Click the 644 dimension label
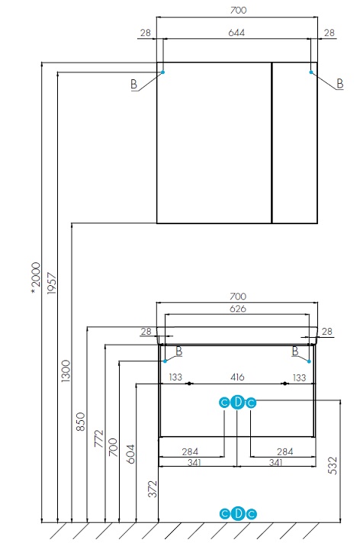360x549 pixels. click(x=236, y=33)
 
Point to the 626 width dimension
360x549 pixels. click(x=238, y=309)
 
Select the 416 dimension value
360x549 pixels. click(x=237, y=377)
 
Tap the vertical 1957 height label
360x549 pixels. click(x=52, y=283)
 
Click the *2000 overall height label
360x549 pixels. click(x=36, y=278)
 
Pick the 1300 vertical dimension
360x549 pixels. click(x=66, y=371)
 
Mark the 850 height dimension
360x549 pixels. click(x=81, y=422)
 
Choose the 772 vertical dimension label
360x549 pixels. click(x=99, y=438)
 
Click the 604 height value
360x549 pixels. click(x=130, y=454)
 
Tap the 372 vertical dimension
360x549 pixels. click(x=153, y=489)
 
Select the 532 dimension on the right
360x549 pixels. click(x=333, y=465)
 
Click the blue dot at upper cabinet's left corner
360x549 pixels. click(x=163, y=72)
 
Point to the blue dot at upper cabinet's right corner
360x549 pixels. click(x=311, y=72)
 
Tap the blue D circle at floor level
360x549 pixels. click(x=238, y=514)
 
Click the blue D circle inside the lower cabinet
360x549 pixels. click(x=238, y=403)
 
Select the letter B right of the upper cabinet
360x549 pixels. click(x=339, y=84)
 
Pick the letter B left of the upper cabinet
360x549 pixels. click(x=133, y=85)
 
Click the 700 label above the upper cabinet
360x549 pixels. click(x=238, y=10)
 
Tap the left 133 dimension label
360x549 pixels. click(x=175, y=377)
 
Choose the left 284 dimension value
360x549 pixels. click(x=190, y=451)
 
